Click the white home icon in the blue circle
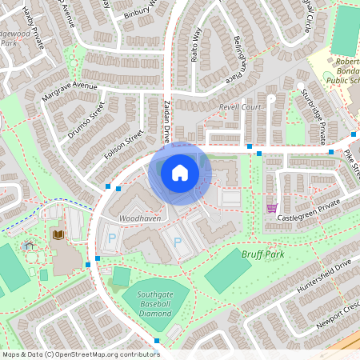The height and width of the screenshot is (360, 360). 180,172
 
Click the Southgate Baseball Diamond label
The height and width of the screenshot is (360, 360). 154,302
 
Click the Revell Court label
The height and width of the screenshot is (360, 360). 240,106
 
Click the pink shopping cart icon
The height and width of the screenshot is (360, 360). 272,208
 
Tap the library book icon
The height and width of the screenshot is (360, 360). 58,234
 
